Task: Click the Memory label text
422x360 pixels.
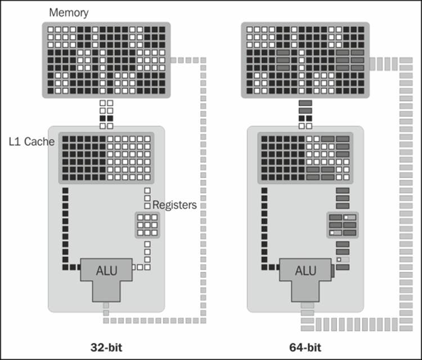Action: pyautogui.click(x=69, y=12)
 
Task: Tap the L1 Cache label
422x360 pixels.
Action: pyautogui.click(x=32, y=142)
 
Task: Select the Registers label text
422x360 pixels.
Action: pyautogui.click(x=174, y=205)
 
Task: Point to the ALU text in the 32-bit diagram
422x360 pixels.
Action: pyautogui.click(x=106, y=271)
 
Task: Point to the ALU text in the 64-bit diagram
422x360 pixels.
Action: pyautogui.click(x=306, y=271)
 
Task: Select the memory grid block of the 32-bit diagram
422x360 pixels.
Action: pyautogui.click(x=106, y=60)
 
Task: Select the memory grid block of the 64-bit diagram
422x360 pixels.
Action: pyautogui.click(x=306, y=60)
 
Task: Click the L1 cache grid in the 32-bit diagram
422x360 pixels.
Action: pyautogui.click(x=106, y=157)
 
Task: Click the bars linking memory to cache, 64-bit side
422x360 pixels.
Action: pyautogui.click(x=306, y=114)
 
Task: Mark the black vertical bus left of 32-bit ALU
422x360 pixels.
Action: pyautogui.click(x=65, y=225)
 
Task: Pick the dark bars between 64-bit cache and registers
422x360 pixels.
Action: pyautogui.click(x=343, y=198)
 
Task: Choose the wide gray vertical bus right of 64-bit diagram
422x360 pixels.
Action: pyautogui.click(x=406, y=191)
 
